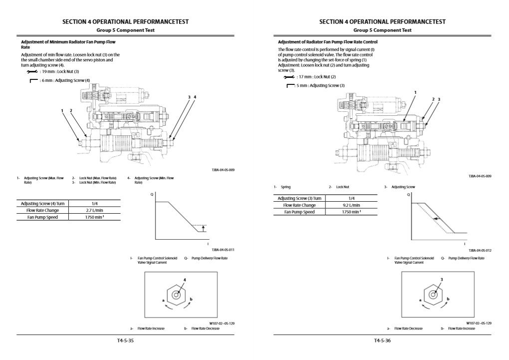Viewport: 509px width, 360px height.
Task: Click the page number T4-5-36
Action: (x=382, y=341)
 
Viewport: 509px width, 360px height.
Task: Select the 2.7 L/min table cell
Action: (x=94, y=210)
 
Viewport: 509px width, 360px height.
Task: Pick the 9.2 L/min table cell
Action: (x=351, y=205)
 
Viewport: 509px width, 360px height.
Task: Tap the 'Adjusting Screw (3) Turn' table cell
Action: (x=299, y=198)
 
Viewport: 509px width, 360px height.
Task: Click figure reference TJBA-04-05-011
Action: (x=223, y=249)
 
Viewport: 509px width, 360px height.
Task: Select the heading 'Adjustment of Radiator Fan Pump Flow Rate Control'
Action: (x=327, y=42)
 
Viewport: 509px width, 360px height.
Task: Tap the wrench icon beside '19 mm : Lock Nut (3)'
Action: (x=33, y=72)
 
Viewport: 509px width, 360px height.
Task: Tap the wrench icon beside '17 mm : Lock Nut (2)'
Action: (x=289, y=77)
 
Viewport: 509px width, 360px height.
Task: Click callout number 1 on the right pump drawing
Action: (x=415, y=92)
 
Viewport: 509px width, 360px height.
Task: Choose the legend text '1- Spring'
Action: (x=282, y=187)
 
